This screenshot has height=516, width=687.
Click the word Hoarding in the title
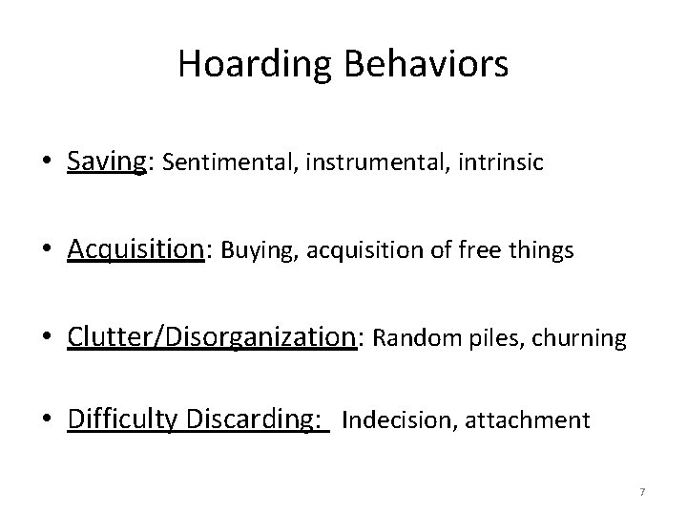click(x=251, y=65)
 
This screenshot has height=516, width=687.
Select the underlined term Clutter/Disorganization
click(x=211, y=337)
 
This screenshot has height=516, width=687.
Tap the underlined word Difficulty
click(x=124, y=419)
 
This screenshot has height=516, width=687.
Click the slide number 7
click(x=642, y=492)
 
